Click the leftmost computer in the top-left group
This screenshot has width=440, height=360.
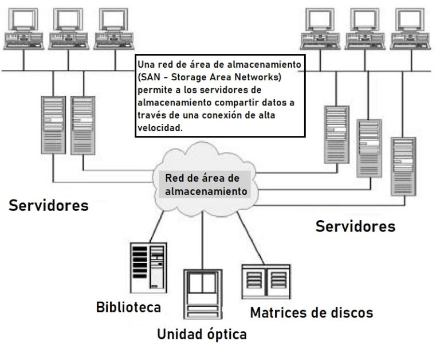(x=23, y=29)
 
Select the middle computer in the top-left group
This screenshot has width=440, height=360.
(x=68, y=29)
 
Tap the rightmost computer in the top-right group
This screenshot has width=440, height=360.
(x=408, y=29)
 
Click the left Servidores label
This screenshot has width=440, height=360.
(x=48, y=205)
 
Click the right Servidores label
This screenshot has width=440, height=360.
(x=355, y=226)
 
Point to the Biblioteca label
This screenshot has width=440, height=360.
(x=128, y=307)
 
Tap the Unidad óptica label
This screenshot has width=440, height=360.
(x=202, y=334)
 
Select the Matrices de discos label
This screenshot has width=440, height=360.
(x=311, y=312)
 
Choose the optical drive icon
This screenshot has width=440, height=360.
(x=203, y=294)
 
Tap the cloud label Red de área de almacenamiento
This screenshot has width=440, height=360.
(x=206, y=184)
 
